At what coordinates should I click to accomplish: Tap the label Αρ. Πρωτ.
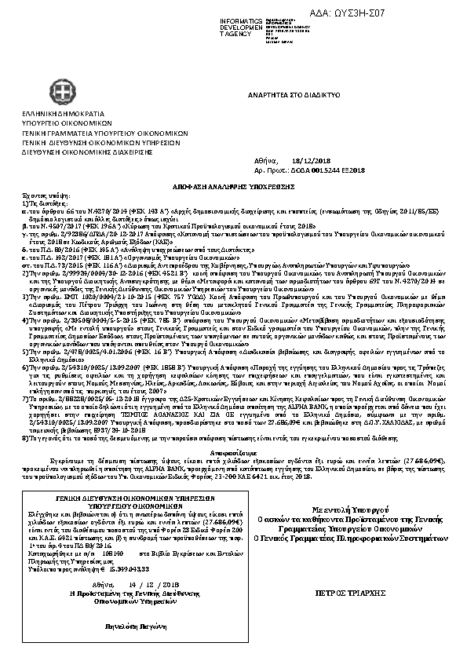click(271, 169)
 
